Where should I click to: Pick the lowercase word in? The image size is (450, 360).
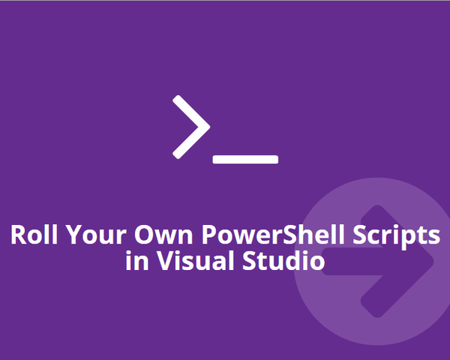(x=135, y=262)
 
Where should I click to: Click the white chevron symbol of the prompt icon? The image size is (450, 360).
(x=190, y=127)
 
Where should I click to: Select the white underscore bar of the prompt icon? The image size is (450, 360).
(x=246, y=159)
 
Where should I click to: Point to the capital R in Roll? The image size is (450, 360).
(x=18, y=235)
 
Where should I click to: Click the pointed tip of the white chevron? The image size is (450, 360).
(x=206, y=127)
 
